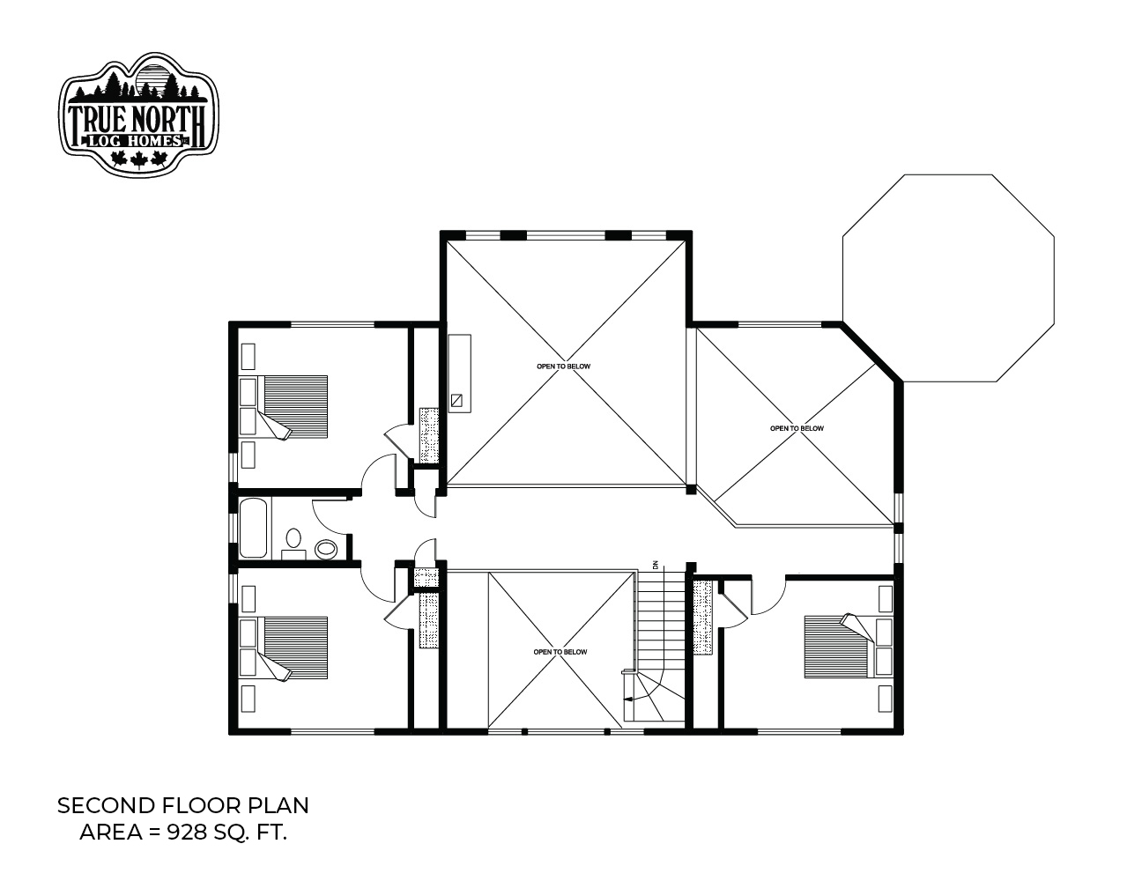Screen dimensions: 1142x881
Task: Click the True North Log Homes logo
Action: [138, 114]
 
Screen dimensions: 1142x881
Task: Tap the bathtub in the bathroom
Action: [254, 528]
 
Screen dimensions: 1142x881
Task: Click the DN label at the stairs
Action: [656, 566]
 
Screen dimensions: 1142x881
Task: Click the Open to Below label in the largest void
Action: [563, 366]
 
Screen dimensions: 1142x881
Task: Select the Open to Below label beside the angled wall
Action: [797, 428]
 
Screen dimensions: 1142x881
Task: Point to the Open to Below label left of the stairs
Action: [560, 652]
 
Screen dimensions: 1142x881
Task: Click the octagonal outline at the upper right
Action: [843, 278]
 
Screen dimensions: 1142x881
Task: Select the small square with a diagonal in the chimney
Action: [456, 400]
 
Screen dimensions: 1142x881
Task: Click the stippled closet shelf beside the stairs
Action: [702, 618]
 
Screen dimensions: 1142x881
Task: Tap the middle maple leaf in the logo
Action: [138, 159]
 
